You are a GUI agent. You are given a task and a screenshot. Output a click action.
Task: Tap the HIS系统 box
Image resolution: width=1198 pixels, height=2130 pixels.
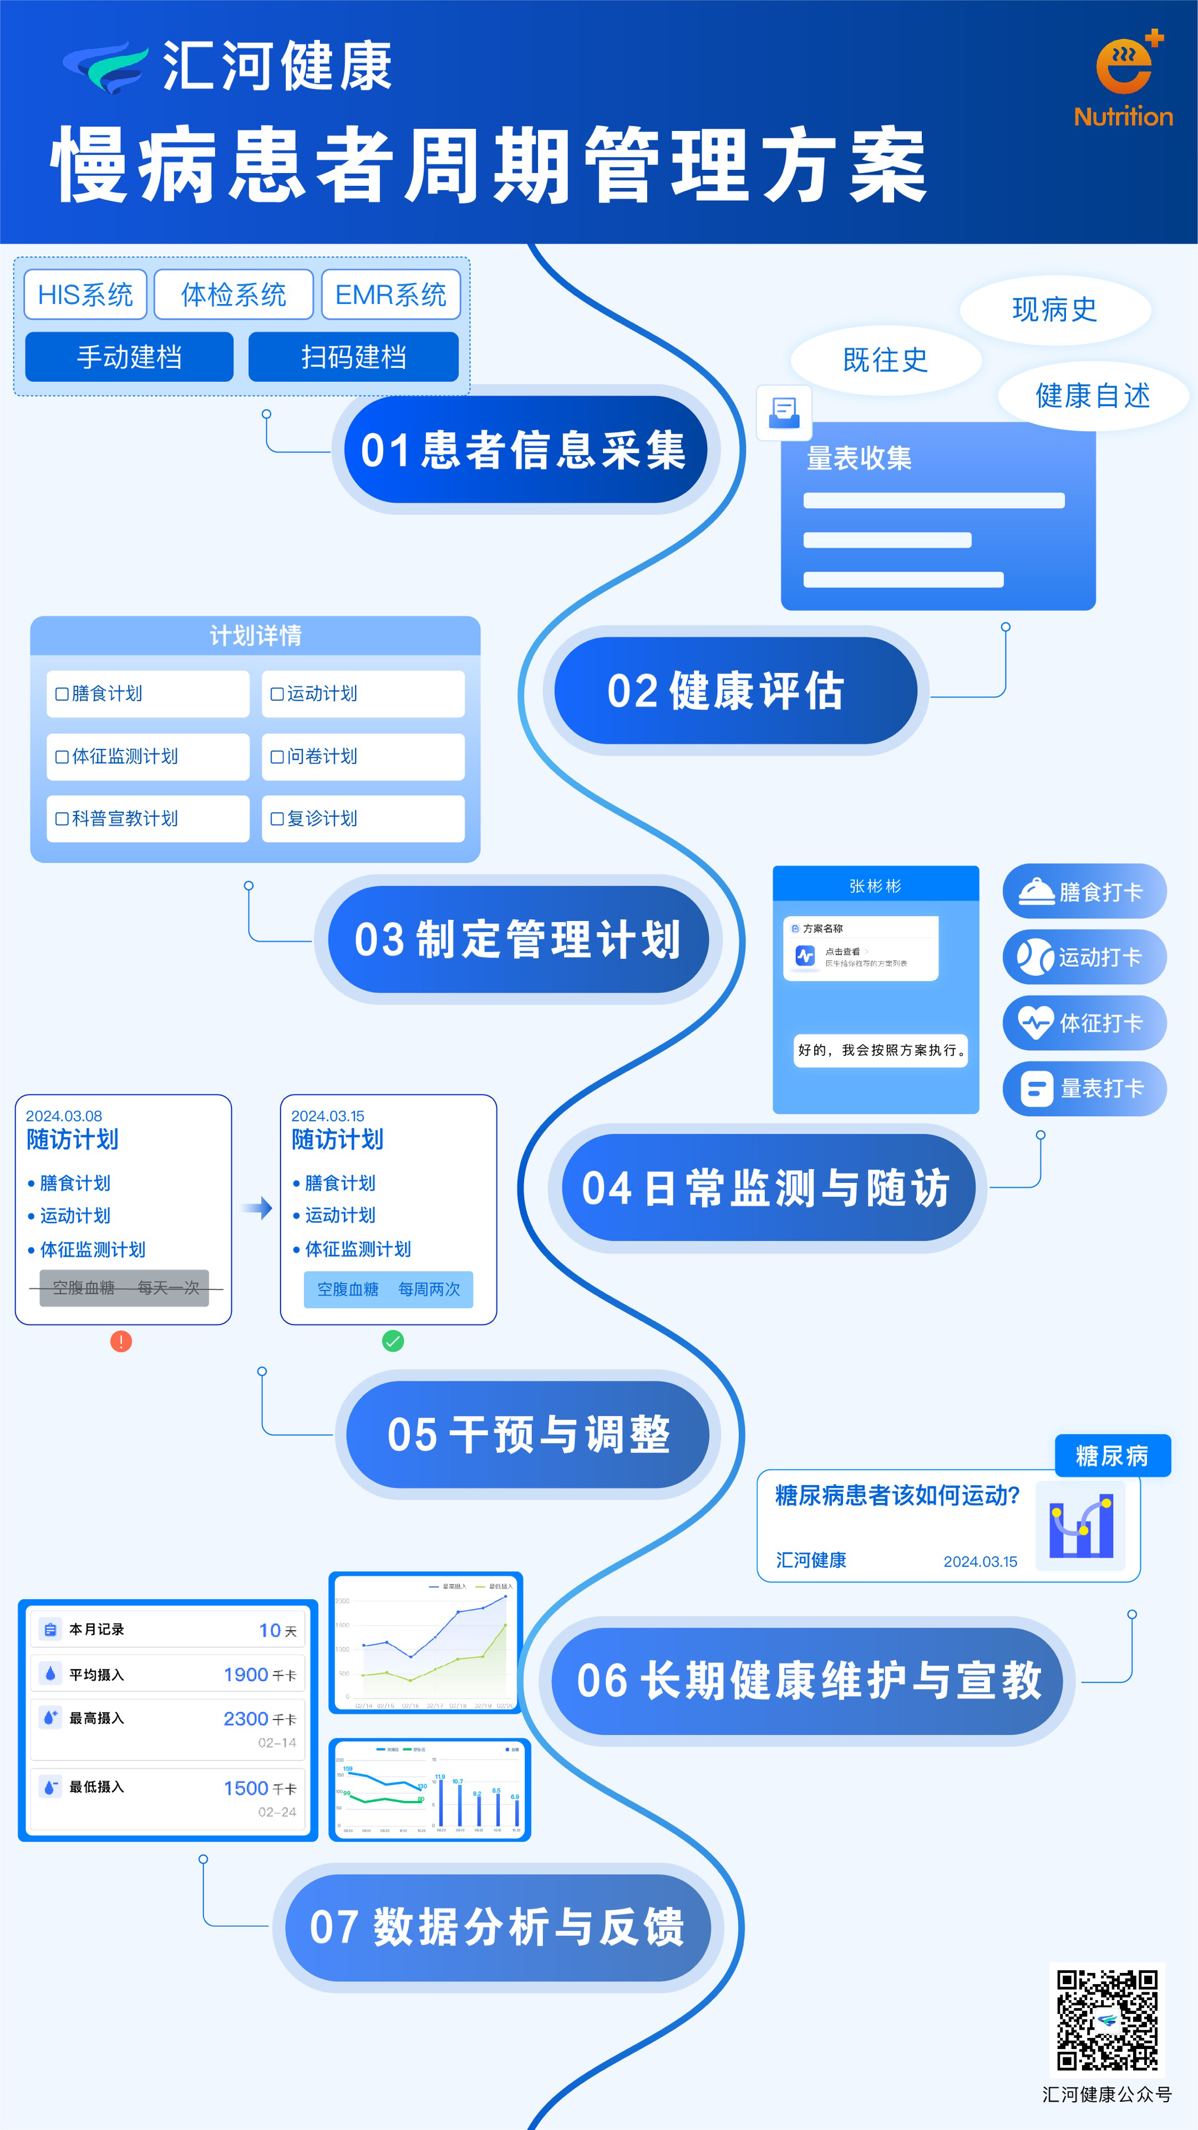(x=85, y=295)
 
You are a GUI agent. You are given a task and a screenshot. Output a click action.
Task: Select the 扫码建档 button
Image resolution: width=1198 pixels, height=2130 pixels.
(x=353, y=357)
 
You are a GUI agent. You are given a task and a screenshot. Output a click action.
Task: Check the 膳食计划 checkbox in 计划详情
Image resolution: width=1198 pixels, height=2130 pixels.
(x=62, y=694)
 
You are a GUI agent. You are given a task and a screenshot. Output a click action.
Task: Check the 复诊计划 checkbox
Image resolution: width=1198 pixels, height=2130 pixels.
(x=278, y=818)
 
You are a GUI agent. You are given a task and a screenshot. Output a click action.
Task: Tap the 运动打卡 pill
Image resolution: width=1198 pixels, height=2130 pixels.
(x=1084, y=958)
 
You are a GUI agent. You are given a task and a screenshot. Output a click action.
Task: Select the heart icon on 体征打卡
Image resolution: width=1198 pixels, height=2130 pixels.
(x=1035, y=1023)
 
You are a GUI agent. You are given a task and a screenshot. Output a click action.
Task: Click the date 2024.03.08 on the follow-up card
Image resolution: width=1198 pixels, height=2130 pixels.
(x=64, y=1115)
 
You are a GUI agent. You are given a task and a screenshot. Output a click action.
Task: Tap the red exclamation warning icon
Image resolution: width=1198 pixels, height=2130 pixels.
(x=121, y=1341)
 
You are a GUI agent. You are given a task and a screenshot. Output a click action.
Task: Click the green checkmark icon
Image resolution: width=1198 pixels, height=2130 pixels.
(x=393, y=1341)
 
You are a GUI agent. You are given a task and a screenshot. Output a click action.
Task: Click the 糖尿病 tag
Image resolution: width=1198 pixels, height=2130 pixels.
(x=1112, y=1455)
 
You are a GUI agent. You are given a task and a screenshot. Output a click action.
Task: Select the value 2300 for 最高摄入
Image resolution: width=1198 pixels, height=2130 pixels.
(x=246, y=1718)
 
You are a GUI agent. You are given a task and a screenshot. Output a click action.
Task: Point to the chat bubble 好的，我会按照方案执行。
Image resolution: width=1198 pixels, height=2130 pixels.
(x=881, y=1050)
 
